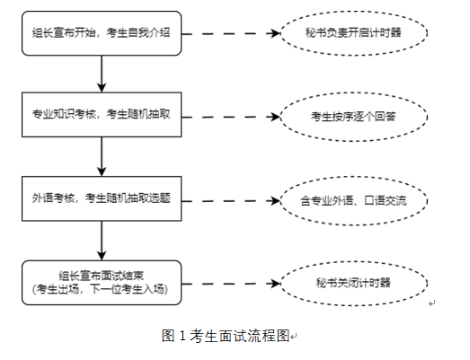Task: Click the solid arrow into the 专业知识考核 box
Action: click(x=102, y=74)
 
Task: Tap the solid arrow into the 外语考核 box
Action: click(x=102, y=156)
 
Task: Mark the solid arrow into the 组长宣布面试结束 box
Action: click(x=102, y=241)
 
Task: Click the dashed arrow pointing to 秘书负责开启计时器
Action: click(x=231, y=33)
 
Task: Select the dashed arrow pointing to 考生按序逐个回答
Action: click(x=231, y=117)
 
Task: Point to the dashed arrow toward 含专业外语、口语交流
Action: click(x=231, y=201)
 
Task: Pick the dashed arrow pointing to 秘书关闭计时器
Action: click(x=231, y=284)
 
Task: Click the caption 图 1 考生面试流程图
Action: click(x=226, y=336)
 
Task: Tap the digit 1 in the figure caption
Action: click(x=182, y=336)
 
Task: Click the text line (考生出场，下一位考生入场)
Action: click(x=100, y=289)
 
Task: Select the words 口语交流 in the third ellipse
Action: click(x=386, y=201)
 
